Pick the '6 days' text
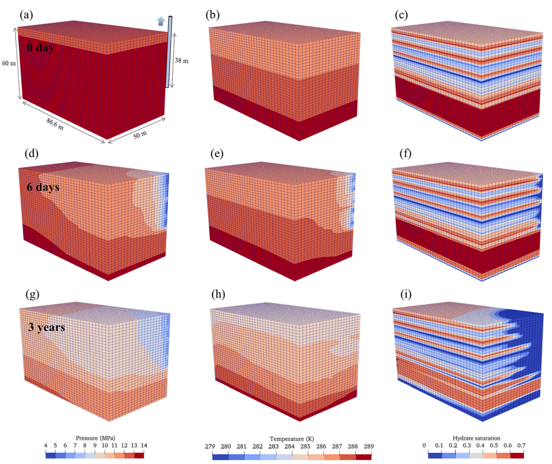43,187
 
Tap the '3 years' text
46,328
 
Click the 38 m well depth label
182,61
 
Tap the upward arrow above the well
161,21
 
